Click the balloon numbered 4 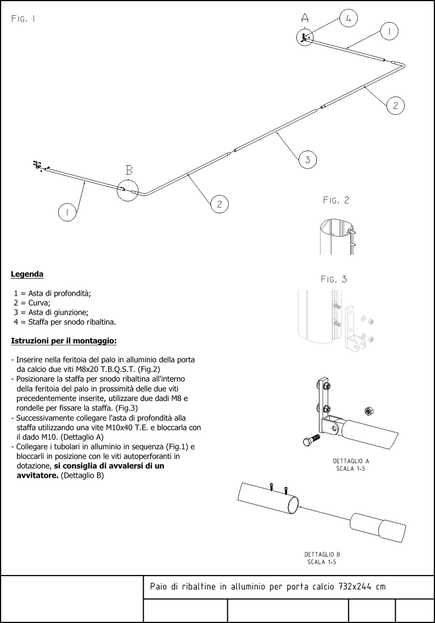348,18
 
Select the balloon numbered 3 307,159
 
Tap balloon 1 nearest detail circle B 67,213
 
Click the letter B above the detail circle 129,171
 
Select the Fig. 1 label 23,19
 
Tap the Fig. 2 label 336,200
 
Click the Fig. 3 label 334,279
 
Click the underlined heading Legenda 27,274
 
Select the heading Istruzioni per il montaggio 64,341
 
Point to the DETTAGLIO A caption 351,461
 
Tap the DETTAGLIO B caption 322,554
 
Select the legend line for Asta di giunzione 51,312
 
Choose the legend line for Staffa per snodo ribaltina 65,322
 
